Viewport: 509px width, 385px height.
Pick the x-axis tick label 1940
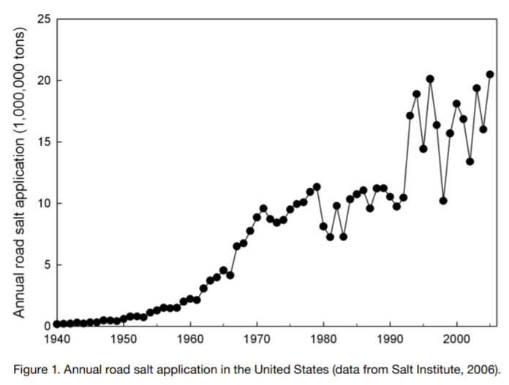56,340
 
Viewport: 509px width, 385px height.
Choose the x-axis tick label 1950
123,340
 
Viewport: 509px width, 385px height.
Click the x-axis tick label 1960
190,340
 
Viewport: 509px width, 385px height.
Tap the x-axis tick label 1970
257,340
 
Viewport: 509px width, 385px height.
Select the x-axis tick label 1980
323,340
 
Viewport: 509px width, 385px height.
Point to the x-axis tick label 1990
390,340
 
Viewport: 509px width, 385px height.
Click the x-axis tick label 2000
456,340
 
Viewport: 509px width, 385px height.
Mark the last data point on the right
490,75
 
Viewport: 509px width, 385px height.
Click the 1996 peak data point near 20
430,79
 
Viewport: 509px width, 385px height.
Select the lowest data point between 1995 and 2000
443,201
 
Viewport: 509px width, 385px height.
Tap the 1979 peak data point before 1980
317,187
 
